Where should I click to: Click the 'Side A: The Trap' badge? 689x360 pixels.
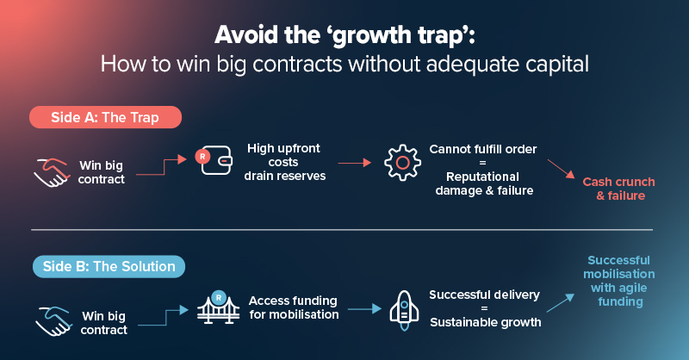pos(105,117)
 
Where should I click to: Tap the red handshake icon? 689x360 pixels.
pos(52,171)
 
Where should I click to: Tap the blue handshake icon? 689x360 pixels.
pos(52,320)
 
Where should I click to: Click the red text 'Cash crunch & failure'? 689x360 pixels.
pos(618,189)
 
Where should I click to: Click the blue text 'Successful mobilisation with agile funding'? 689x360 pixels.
pos(618,282)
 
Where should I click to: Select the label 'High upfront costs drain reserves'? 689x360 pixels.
pos(283,162)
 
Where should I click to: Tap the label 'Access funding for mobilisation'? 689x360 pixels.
pos(292,307)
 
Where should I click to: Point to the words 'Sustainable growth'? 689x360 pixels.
pos(485,323)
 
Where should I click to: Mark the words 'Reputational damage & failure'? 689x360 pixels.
pos(481,183)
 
